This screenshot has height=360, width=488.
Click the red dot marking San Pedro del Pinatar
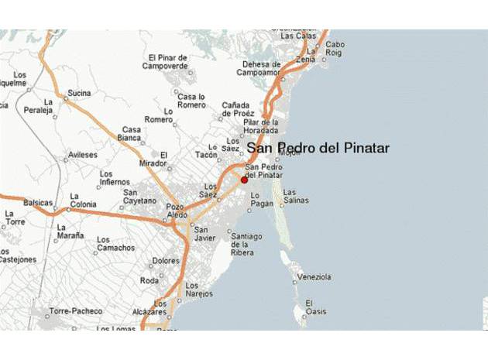pos(244,180)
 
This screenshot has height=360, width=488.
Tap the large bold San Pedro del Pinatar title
pos(318,148)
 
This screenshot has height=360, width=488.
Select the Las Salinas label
pos(296,196)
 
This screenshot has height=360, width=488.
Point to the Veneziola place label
pos(314,276)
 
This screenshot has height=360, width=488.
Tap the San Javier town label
pos(204,234)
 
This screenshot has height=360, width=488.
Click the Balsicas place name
pos(38,203)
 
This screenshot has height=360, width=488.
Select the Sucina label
pos(79,93)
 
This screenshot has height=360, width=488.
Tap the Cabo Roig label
pos(335,49)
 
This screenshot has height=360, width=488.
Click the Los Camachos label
pos(115,245)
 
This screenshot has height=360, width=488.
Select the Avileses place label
pos(83,155)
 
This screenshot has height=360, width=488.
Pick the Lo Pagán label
pos(263,201)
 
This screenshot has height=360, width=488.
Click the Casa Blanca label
pos(131,133)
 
